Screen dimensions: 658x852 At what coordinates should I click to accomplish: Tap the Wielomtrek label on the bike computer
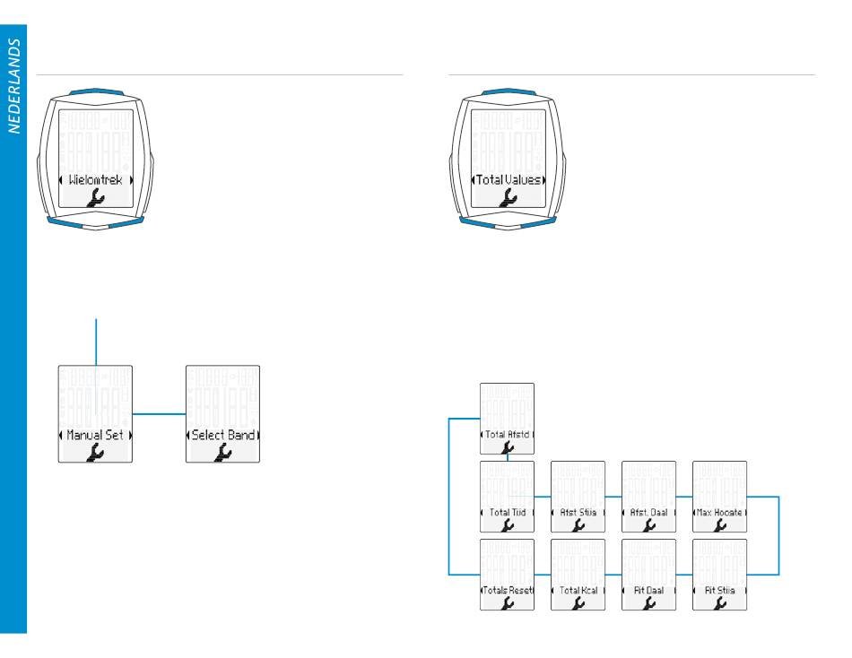click(95, 179)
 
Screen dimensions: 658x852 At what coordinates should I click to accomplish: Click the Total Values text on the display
click(506, 179)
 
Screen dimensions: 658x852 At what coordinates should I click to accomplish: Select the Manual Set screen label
click(95, 435)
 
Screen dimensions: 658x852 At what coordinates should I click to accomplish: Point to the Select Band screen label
click(222, 435)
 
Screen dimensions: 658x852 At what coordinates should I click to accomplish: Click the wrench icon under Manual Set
click(95, 453)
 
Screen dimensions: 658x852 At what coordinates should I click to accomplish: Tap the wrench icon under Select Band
click(222, 453)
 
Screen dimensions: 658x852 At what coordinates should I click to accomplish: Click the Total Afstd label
click(508, 435)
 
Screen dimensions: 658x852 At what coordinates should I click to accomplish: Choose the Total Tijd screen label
click(508, 513)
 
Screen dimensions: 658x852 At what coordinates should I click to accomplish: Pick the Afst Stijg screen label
click(578, 513)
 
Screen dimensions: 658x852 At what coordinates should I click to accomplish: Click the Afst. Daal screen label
click(649, 513)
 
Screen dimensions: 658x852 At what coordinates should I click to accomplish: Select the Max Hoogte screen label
click(720, 513)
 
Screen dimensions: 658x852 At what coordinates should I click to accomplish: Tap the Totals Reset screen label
click(508, 591)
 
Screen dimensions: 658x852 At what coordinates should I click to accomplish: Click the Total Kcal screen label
click(578, 591)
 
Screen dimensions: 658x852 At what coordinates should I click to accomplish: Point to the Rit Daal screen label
click(649, 591)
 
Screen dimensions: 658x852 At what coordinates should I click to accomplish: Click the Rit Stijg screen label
click(720, 591)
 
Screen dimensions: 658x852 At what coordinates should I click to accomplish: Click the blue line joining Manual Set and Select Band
click(159, 413)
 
